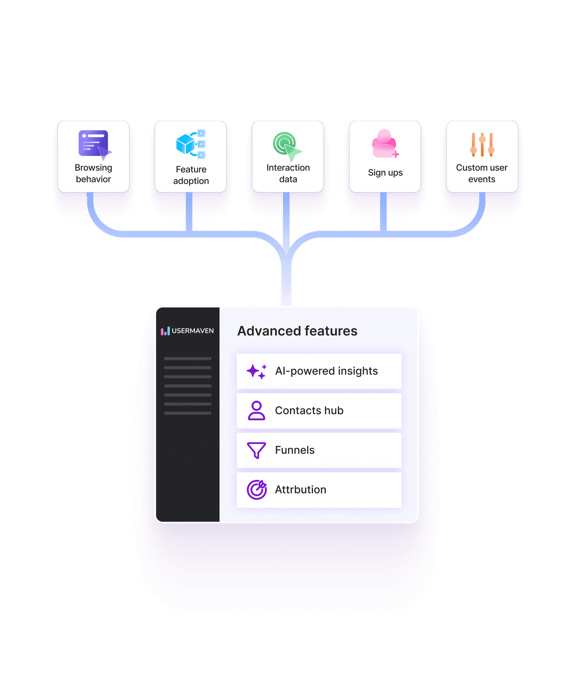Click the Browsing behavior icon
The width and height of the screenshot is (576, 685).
click(x=94, y=144)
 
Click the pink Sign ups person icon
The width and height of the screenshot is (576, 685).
click(x=385, y=144)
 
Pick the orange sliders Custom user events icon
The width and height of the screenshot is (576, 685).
click(x=482, y=145)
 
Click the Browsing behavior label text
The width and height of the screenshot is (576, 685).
click(x=93, y=173)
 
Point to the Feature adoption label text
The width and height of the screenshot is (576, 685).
click(x=191, y=175)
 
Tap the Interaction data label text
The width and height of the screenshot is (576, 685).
click(x=288, y=173)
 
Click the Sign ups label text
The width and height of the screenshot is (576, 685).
click(x=385, y=172)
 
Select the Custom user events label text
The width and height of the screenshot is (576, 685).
click(x=482, y=173)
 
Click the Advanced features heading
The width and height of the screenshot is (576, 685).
click(x=297, y=331)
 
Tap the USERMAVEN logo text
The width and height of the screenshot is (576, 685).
click(x=192, y=331)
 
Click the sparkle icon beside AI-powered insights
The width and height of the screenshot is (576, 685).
click(x=257, y=372)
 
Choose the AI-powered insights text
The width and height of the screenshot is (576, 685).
click(x=326, y=371)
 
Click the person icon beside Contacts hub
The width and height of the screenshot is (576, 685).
click(x=257, y=411)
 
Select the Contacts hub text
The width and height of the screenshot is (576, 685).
click(x=309, y=411)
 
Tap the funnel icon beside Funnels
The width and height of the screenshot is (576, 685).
click(x=257, y=450)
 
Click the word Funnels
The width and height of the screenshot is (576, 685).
click(x=295, y=450)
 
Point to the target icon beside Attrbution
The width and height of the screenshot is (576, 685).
click(x=257, y=490)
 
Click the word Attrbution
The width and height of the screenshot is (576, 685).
click(x=300, y=490)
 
